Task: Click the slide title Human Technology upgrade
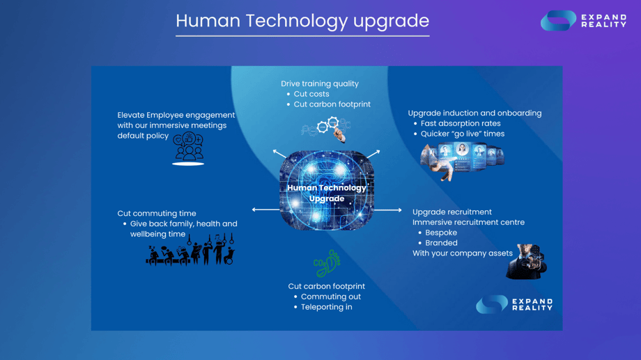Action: (302, 22)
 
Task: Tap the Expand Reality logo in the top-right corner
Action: (583, 20)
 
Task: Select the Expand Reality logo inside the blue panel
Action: (514, 304)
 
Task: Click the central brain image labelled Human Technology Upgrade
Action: (327, 190)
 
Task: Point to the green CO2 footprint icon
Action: (327, 264)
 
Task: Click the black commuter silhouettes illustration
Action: (190, 250)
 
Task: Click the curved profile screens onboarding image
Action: (462, 160)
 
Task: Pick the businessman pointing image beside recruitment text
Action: (527, 262)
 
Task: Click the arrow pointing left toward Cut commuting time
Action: (265, 210)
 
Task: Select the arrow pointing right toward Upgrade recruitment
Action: (388, 210)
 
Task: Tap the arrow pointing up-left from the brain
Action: (279, 154)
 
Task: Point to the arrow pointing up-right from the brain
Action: (373, 154)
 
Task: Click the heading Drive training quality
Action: (320, 84)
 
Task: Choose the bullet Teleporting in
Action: (327, 307)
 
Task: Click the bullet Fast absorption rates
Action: (461, 123)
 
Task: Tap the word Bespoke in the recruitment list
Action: (441, 233)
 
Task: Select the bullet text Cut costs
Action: (311, 94)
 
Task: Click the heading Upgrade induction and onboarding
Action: (474, 114)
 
